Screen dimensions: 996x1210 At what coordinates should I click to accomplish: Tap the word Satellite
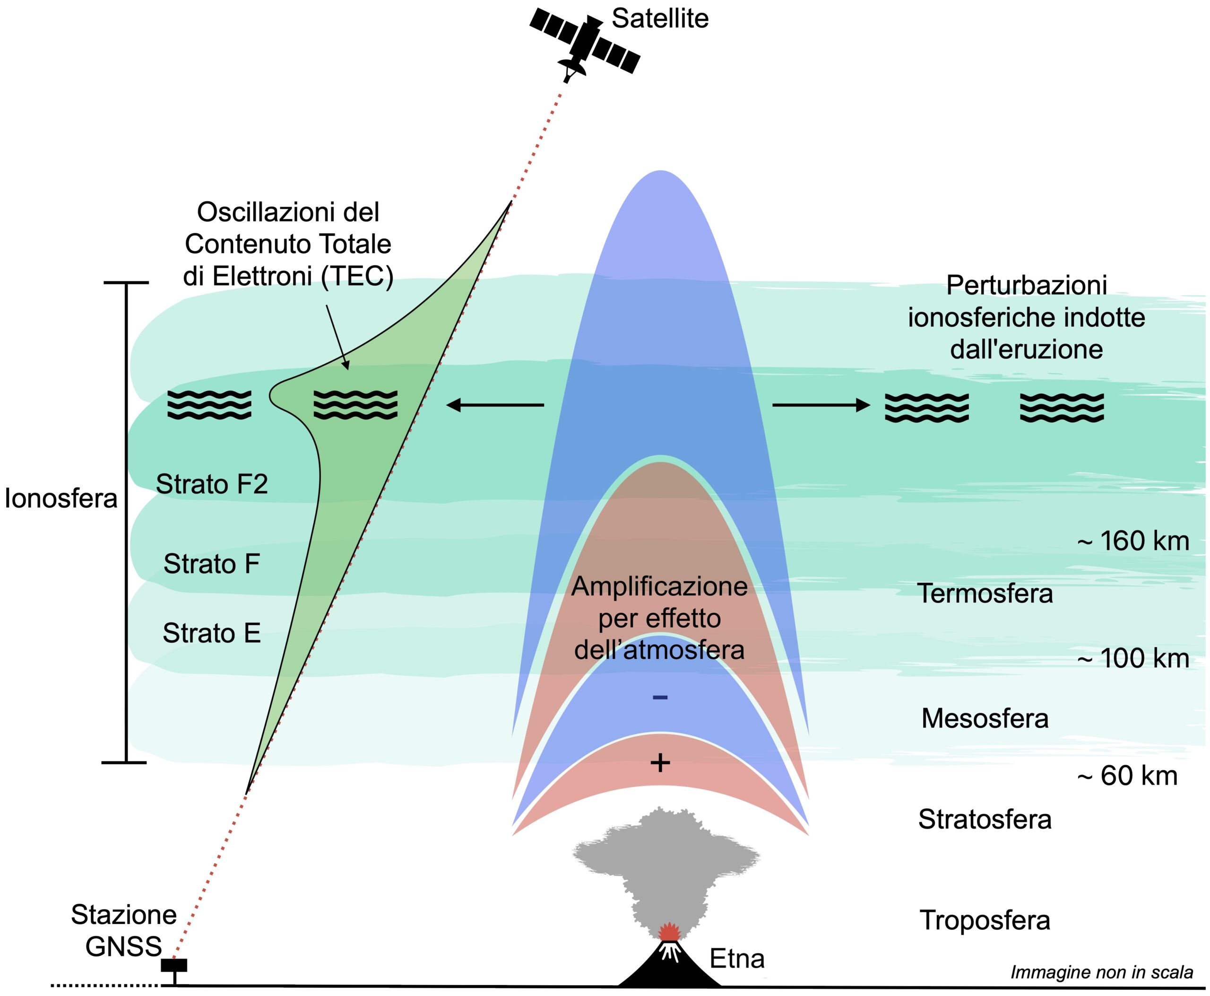[660, 19]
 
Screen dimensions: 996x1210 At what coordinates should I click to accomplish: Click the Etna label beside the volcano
[737, 959]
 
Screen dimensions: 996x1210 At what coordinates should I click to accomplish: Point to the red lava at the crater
[669, 932]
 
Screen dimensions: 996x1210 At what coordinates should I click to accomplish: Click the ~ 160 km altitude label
[1133, 541]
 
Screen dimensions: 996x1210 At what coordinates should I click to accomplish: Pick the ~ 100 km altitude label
[1133, 658]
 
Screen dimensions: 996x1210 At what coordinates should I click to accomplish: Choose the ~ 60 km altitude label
[1127, 776]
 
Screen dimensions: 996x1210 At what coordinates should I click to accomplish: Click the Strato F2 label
[212, 484]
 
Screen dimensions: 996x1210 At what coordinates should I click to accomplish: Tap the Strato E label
[212, 633]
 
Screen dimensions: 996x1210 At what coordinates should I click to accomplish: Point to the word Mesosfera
[985, 718]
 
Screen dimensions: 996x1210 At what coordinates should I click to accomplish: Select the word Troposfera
[985, 920]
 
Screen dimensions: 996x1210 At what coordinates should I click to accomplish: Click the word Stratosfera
[985, 819]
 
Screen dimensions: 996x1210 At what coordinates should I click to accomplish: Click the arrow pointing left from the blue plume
[495, 405]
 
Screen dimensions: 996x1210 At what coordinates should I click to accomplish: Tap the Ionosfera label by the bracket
[61, 498]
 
